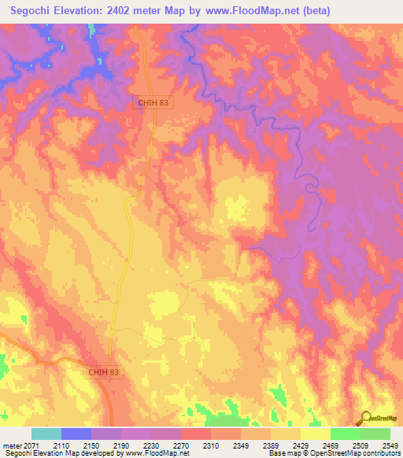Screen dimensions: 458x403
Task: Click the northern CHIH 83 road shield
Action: click(x=152, y=102)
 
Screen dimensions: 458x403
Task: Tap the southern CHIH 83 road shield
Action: click(x=105, y=371)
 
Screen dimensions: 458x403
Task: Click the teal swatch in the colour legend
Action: click(x=46, y=434)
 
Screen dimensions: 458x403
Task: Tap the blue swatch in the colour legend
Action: click(x=76, y=434)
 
